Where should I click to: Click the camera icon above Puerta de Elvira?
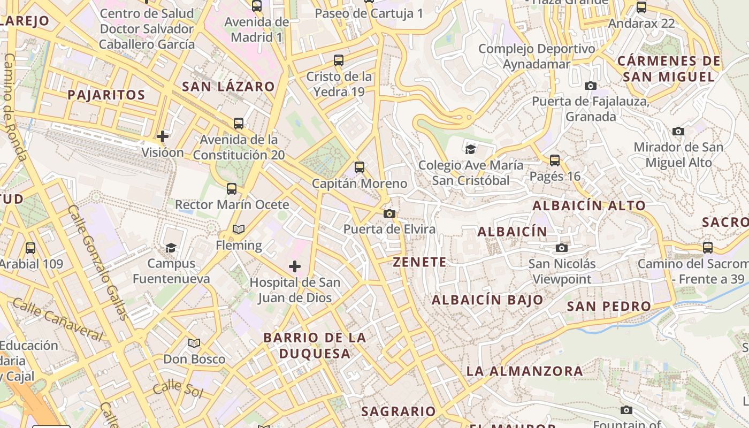click(x=389, y=214)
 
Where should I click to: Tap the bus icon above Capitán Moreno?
click(x=360, y=167)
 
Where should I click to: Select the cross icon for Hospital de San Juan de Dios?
click(x=295, y=266)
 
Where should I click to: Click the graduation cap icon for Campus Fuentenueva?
click(x=171, y=248)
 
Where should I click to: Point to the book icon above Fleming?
click(x=239, y=230)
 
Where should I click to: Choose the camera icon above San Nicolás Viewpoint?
click(x=561, y=248)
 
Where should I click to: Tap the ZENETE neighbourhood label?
click(x=419, y=262)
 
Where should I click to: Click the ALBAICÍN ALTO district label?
click(x=589, y=205)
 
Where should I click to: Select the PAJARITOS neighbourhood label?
click(x=106, y=95)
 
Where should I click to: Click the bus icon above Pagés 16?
click(x=555, y=160)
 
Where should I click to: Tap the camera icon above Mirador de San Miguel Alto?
click(x=678, y=131)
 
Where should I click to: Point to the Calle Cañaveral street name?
click(x=57, y=320)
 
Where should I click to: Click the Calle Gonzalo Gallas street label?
click(x=98, y=262)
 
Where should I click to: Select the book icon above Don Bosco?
click(x=194, y=343)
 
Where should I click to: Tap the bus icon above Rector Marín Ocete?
click(x=232, y=189)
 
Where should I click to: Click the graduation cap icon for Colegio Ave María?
click(x=471, y=149)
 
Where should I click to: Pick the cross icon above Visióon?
click(x=163, y=136)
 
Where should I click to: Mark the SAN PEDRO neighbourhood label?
click(x=609, y=307)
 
